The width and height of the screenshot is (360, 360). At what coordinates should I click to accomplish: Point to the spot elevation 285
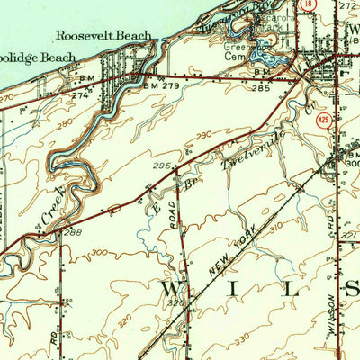pyautogui.click(x=260, y=90)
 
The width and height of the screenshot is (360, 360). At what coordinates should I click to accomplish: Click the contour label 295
pyautogui.click(x=162, y=166)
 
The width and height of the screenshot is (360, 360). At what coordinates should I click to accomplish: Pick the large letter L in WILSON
pyautogui.click(x=292, y=289)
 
